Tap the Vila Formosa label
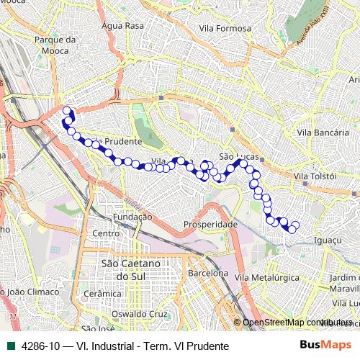click(225, 28)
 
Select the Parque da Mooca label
click(55, 45)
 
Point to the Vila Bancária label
click(318, 132)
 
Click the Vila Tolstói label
click(315, 176)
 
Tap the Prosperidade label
click(211, 225)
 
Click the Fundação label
click(132, 216)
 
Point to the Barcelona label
click(208, 274)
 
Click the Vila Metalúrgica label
click(266, 277)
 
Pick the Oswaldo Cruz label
click(143, 315)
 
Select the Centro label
click(105, 234)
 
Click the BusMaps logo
click(326, 346)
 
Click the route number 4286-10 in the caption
click(40, 346)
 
